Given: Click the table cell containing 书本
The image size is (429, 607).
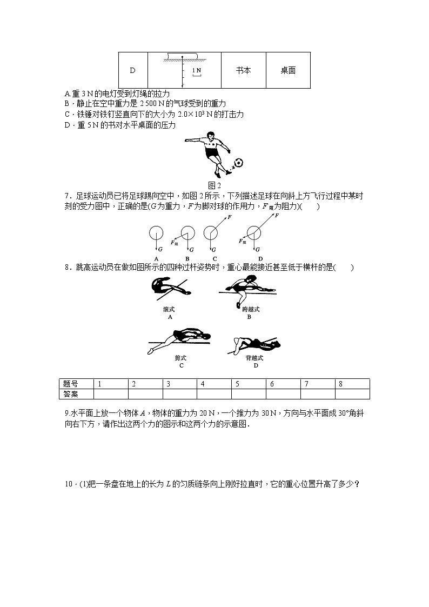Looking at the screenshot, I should click(243, 70).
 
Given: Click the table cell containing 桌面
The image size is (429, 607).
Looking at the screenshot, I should click(288, 70).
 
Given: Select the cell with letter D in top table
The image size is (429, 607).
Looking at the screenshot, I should click(133, 70).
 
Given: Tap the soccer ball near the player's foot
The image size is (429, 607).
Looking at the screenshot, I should click(238, 162).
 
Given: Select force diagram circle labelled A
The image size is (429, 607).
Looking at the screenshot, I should click(155, 233).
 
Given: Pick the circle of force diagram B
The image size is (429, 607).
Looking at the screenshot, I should click(187, 233).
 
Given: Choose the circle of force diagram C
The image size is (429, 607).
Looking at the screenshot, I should click(211, 233).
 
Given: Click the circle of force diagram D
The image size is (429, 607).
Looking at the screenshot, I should click(253, 233).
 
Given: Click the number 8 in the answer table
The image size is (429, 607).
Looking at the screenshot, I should click(340, 384).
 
